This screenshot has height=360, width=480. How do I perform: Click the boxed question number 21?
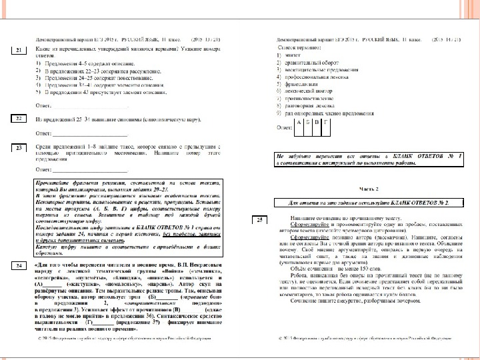[19, 50]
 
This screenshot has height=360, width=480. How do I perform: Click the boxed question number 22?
[19, 119]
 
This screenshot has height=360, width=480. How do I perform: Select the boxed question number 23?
[19, 147]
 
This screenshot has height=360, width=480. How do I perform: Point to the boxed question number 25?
[261, 219]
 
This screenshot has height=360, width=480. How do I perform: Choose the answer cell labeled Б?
[307, 123]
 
